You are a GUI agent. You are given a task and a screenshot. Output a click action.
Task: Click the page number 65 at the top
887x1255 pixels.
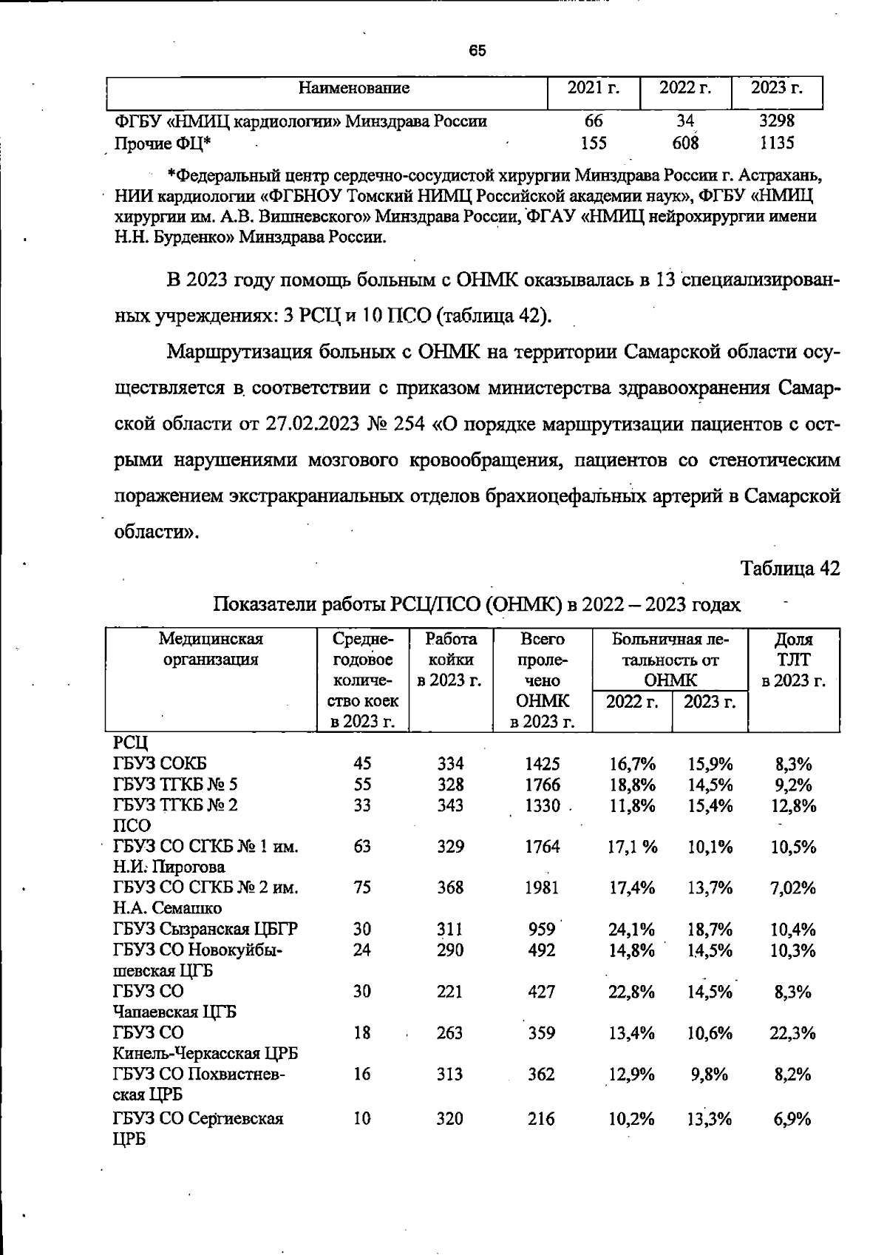(x=478, y=51)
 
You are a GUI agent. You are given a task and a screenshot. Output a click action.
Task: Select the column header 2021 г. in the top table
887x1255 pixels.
(x=593, y=89)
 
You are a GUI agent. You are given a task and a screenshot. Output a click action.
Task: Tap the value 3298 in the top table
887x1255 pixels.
(x=777, y=121)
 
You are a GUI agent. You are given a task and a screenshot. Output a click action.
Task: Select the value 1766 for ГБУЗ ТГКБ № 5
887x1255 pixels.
(x=542, y=784)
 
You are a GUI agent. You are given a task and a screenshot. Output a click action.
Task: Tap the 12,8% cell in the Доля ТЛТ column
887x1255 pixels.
(x=793, y=805)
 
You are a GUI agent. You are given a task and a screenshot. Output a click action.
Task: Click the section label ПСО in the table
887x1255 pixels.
(x=132, y=825)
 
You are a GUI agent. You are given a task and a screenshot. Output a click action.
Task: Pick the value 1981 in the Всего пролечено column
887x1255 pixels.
(x=542, y=887)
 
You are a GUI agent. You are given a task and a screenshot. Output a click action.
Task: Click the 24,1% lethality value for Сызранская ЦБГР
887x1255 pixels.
(x=631, y=929)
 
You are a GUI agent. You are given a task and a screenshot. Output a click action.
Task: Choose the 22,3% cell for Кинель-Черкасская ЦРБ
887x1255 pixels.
(x=793, y=1032)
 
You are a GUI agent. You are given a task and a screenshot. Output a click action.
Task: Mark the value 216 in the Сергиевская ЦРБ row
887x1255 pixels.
(x=541, y=1119)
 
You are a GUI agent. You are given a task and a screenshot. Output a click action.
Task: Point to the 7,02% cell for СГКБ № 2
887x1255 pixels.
(x=793, y=887)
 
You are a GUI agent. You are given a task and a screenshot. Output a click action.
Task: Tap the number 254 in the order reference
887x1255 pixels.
(x=409, y=424)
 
